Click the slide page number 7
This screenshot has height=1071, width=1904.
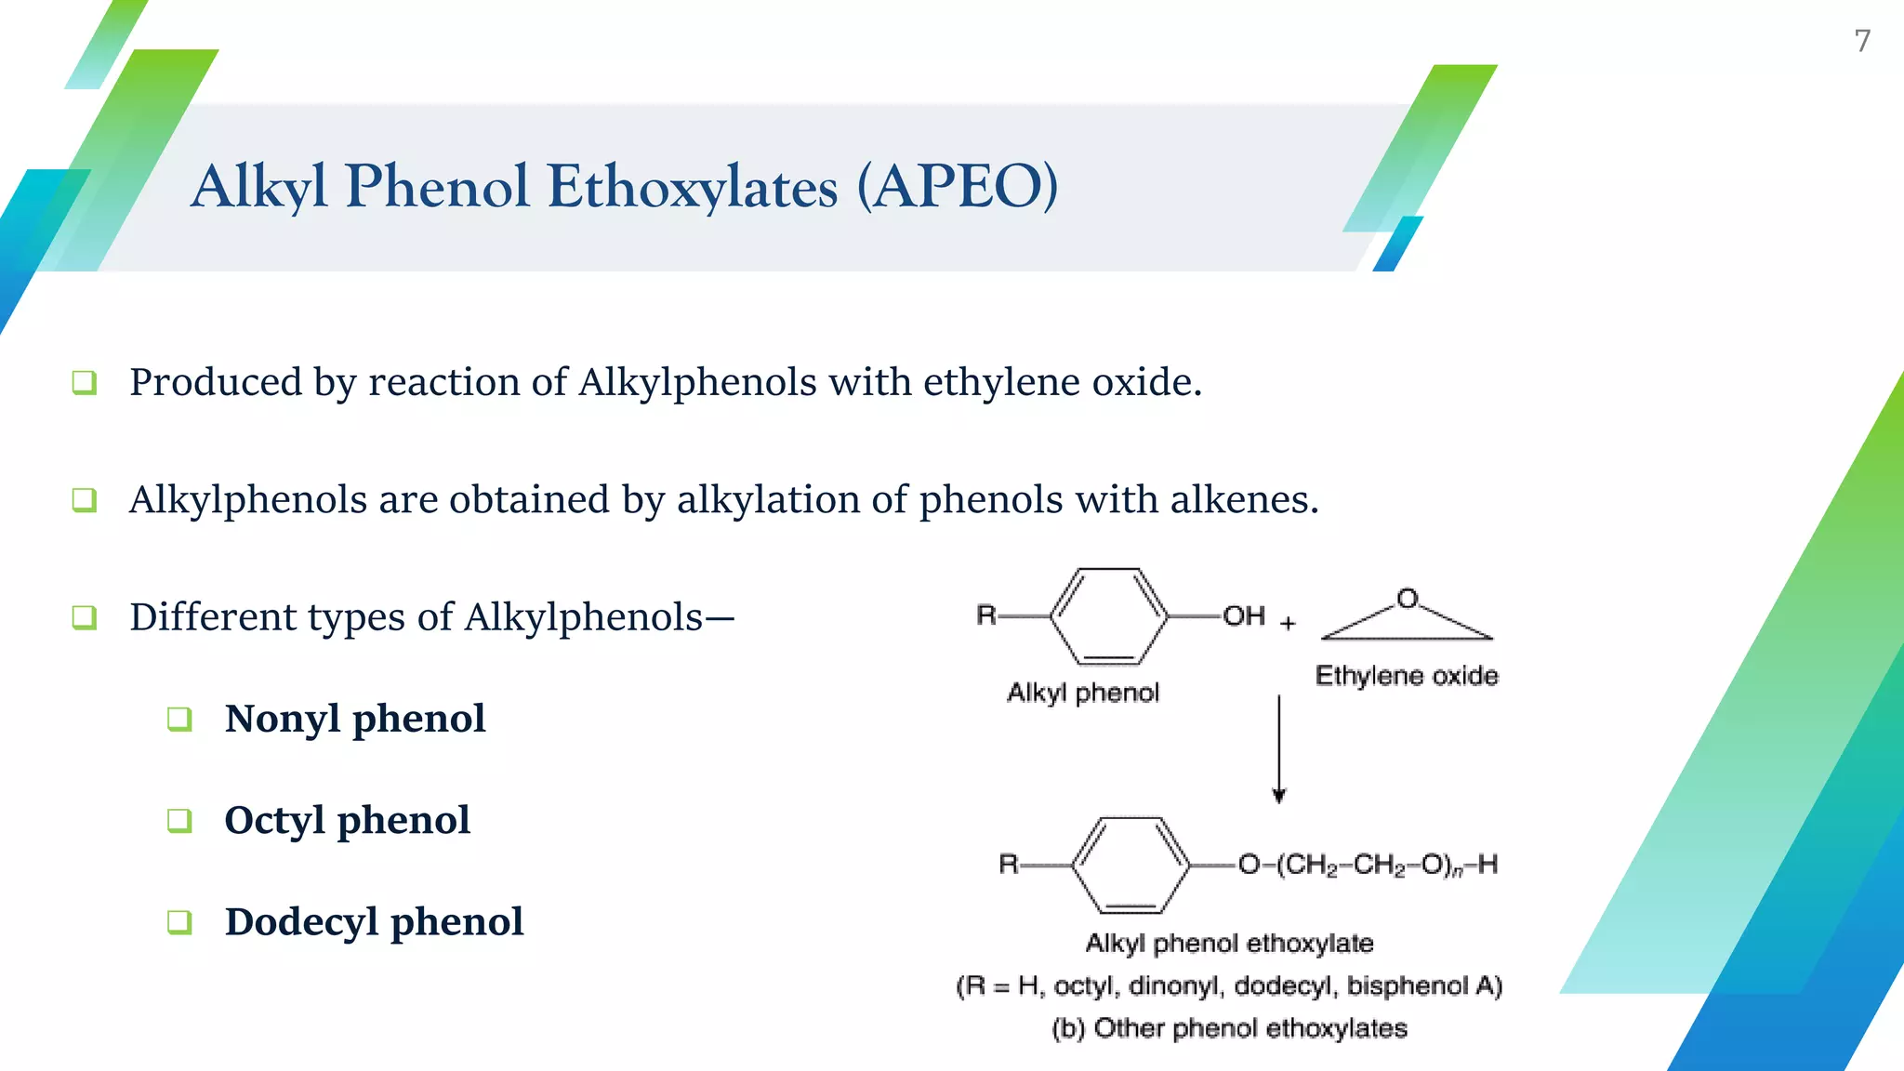pos(1862,41)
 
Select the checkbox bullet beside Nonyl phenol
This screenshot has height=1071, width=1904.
pos(179,719)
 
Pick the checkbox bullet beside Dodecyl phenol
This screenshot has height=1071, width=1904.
pos(179,921)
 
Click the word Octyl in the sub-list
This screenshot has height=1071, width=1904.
pos(274,820)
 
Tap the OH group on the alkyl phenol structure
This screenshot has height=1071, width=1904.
pos(1243,615)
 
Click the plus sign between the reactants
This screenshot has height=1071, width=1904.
pos(1288,623)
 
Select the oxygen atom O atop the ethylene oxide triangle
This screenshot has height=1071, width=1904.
pos(1408,598)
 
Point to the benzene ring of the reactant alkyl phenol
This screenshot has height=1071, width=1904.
pos(1108,616)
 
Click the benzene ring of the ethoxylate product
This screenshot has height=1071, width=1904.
pos(1130,865)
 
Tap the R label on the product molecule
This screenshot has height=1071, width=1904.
pos(1009,865)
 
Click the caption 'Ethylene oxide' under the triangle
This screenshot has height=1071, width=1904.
pos(1407,676)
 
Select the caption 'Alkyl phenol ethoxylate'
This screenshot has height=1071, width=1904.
pos(1229,944)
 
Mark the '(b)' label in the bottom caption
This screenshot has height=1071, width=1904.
pos(1068,1028)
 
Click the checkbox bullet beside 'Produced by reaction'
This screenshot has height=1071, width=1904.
pos(85,382)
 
